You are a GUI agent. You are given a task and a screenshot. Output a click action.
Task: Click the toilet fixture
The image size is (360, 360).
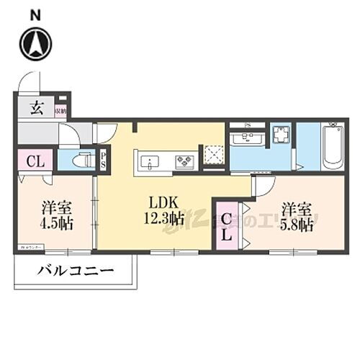coord(85,161)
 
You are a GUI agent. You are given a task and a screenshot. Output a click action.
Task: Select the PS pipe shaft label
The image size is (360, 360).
coord(104,161)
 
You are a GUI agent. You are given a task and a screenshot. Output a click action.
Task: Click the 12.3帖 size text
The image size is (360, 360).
coord(166,218)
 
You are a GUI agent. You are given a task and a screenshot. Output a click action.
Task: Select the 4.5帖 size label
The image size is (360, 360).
coord(56,223)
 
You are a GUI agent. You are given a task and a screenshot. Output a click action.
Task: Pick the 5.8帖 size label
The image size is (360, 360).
coord(297,225)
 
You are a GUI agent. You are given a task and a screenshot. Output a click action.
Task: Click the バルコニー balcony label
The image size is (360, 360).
coord(74,274)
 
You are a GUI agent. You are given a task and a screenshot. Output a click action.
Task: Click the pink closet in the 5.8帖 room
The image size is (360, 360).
coord(228,225)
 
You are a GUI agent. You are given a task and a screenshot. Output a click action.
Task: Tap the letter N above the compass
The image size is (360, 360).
coord(35,14)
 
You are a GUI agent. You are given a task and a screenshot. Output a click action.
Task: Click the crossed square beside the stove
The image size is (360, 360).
coord(213,156)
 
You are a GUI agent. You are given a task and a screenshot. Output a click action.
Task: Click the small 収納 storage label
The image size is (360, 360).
coord(61,110)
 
